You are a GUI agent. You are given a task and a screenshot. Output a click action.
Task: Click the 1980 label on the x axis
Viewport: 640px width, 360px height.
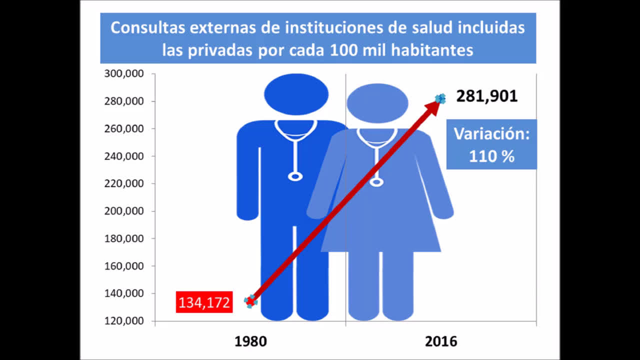tap(251, 341)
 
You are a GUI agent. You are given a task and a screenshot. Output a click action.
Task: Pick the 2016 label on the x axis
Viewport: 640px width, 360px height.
tap(441, 341)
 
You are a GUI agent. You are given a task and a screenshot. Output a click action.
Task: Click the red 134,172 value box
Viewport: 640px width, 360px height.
tap(204, 302)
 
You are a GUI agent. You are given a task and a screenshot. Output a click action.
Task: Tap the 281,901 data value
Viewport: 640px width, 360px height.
tap(486, 96)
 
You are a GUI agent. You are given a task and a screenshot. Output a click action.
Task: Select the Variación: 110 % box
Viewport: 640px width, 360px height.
tap(491, 144)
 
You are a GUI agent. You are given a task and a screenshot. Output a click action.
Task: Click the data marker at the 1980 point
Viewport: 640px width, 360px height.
tap(250, 301)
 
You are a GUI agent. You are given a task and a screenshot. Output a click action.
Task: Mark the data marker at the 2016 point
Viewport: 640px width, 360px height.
tap(440, 99)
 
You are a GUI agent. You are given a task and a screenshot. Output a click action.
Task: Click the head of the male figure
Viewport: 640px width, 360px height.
tap(296, 94)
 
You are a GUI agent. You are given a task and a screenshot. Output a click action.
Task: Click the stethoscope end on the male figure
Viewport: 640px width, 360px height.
tap(295, 176)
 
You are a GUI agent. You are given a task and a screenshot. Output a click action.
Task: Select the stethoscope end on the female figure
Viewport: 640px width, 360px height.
tap(376, 182)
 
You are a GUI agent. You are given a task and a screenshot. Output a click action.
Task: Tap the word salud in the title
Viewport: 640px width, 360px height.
tap(427, 27)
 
